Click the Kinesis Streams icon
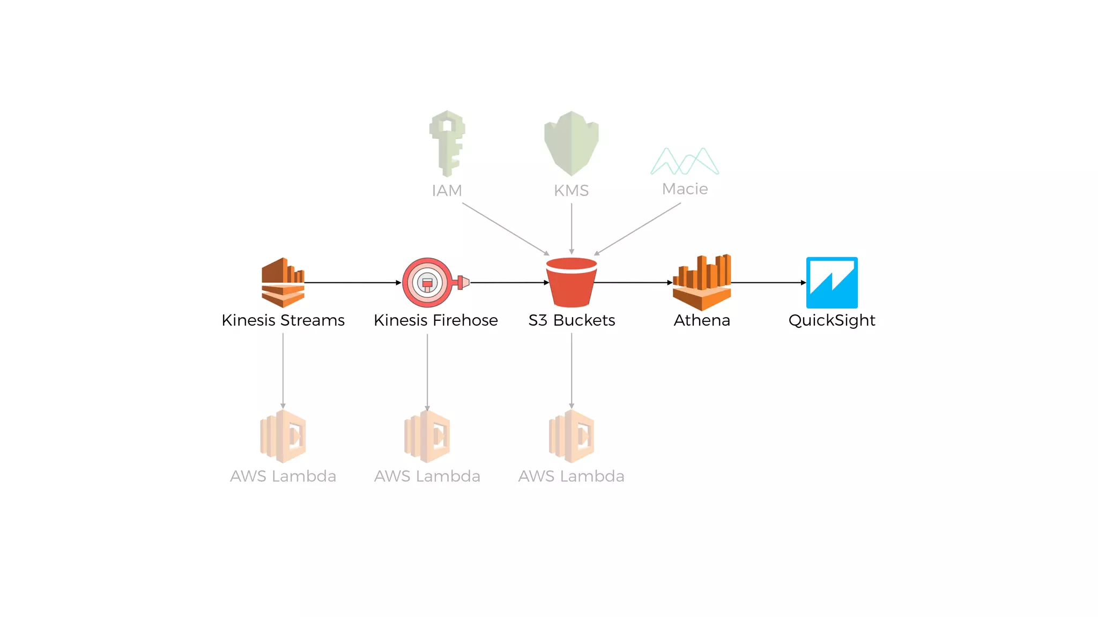(283, 282)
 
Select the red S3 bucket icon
(572, 283)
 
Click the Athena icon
(702, 282)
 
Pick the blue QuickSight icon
(832, 282)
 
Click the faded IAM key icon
(447, 143)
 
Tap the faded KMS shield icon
(572, 143)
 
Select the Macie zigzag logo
(685, 161)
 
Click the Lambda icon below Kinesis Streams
(283, 436)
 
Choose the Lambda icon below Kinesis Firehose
(427, 436)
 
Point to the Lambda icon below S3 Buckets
(572, 436)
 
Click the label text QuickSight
(832, 320)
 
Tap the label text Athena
(702, 320)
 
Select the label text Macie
(685, 189)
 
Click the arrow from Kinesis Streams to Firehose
(353, 282)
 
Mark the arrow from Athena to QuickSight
(768, 282)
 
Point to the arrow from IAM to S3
(505, 229)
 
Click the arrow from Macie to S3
(638, 229)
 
